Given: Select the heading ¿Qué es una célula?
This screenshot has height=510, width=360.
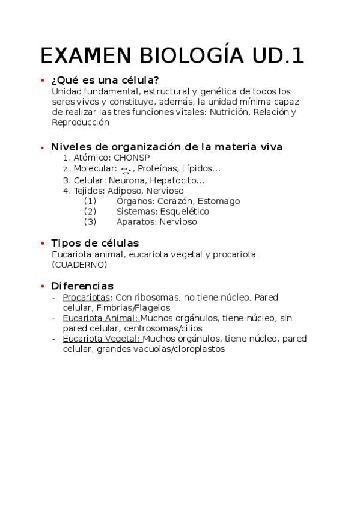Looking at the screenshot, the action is (105, 81).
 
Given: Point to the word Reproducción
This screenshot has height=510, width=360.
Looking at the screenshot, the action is (81, 122).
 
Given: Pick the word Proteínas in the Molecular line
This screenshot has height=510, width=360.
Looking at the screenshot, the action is (156, 168).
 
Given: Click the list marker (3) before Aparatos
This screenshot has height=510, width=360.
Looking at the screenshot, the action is (90, 221).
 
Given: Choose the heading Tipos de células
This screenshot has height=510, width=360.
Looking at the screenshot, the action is (95, 243).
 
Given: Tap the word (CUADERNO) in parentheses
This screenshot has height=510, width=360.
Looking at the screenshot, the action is (80, 264).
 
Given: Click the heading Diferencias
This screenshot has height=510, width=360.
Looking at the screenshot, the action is (82, 286).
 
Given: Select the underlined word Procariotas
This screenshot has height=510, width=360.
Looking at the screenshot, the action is (87, 297).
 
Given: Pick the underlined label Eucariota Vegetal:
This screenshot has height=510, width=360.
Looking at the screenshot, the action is (102, 339).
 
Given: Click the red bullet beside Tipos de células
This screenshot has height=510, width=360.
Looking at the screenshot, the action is (42, 243).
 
